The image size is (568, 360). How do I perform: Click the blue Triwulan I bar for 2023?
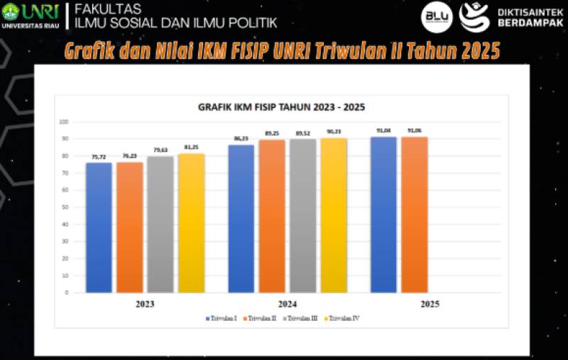pos(99,227)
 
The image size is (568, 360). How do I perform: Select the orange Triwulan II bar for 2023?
pos(130,227)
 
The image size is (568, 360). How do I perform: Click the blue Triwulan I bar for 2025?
pos(383,214)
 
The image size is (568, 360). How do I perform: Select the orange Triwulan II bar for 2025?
pos(414,214)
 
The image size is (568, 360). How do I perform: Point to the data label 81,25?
pos(192,147)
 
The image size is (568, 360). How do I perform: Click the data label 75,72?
pos(99,156)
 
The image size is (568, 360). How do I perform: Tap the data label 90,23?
pos(334,131)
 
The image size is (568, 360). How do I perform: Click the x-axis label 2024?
pos(287,303)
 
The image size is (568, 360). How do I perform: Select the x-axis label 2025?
pos(430,303)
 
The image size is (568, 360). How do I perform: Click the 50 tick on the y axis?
pos(65,207)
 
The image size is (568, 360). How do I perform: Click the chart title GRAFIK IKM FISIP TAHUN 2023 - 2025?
pos(281,107)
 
